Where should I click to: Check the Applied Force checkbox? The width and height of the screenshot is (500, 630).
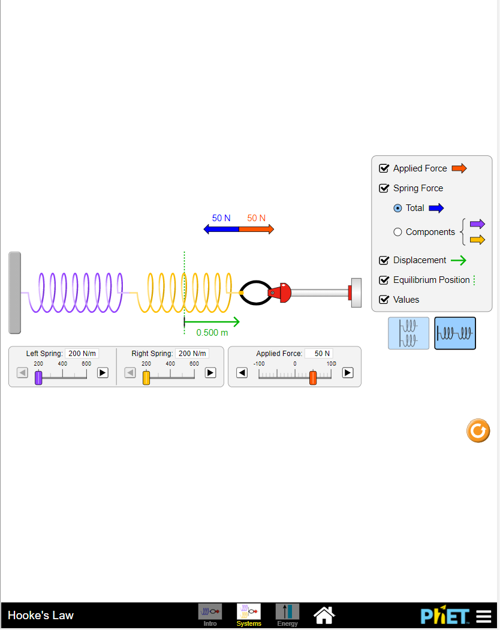[x=384, y=168]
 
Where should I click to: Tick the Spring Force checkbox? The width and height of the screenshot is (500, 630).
[x=384, y=188]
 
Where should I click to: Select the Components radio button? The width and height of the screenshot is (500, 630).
[x=397, y=232]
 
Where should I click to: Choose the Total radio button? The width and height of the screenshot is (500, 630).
[x=397, y=208]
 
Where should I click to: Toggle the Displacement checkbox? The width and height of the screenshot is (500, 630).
[x=384, y=260]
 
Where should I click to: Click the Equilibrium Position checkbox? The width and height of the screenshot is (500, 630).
[x=384, y=280]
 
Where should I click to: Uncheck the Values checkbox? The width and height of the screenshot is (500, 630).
[x=384, y=300]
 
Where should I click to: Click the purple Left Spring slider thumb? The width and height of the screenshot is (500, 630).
[x=38, y=378]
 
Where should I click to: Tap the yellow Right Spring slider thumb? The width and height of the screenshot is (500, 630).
[x=146, y=378]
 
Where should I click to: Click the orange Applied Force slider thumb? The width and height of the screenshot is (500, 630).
[x=313, y=378]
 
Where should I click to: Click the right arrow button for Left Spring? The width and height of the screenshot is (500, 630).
[x=103, y=373]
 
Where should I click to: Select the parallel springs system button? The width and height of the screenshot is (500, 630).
[x=408, y=333]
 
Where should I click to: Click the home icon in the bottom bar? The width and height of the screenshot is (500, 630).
[x=324, y=614]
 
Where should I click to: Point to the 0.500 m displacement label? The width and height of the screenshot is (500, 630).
[x=212, y=333]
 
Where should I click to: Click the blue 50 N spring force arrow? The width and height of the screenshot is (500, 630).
[x=221, y=229]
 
